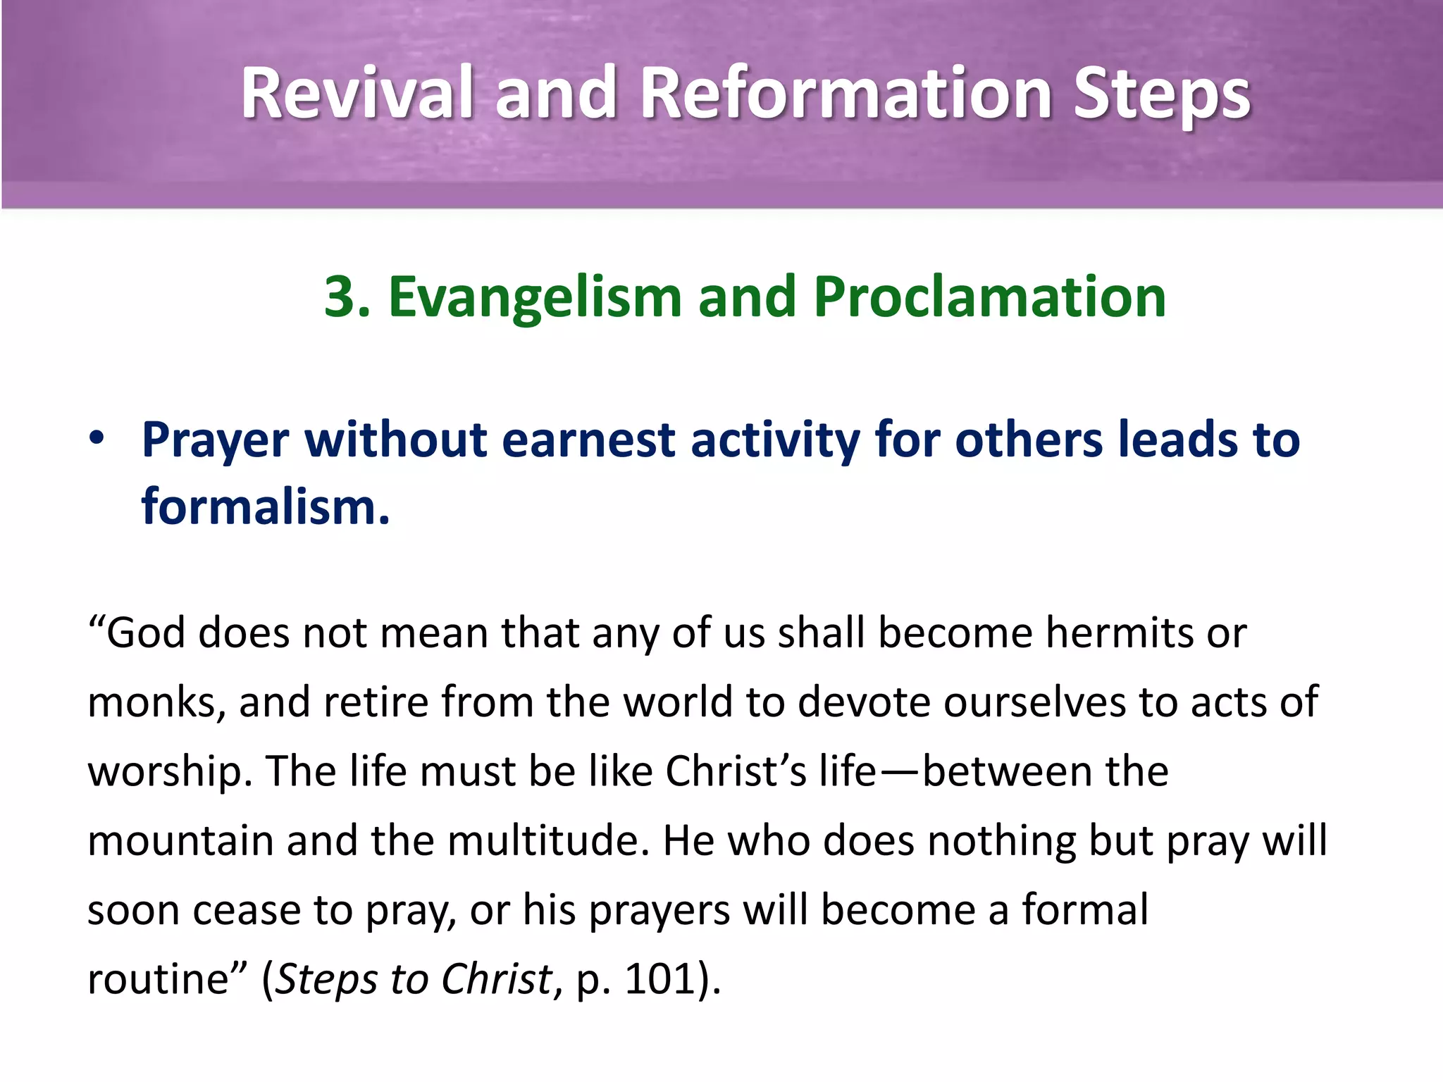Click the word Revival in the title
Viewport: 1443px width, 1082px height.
point(356,93)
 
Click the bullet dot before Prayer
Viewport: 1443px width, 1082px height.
point(97,437)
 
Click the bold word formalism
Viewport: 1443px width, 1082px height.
point(265,506)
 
